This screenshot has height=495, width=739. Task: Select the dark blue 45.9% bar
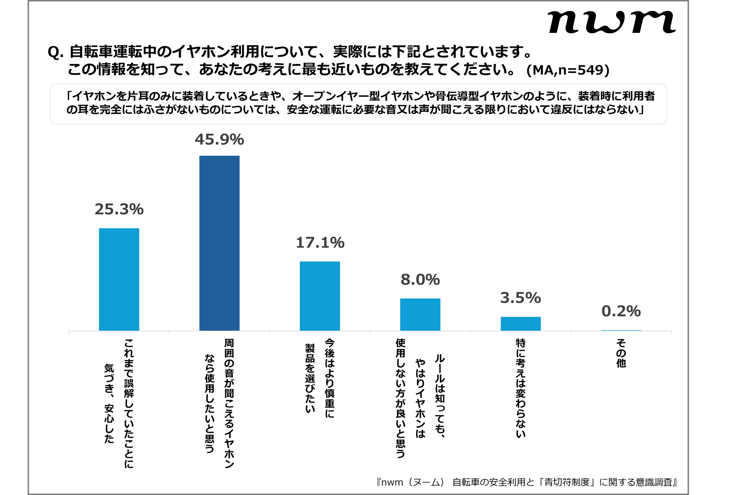pyautogui.click(x=219, y=243)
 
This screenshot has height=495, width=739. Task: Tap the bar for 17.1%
pyautogui.click(x=320, y=296)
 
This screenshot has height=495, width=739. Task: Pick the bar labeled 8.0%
pyautogui.click(x=420, y=314)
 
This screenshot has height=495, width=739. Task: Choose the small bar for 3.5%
pyautogui.click(x=521, y=324)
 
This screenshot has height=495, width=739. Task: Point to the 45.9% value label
pyautogui.click(x=219, y=140)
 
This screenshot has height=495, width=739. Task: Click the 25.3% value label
pyautogui.click(x=119, y=209)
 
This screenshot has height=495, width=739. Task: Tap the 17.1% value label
pyautogui.click(x=320, y=243)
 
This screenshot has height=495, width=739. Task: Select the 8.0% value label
pyautogui.click(x=420, y=280)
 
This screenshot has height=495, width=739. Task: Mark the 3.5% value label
pyautogui.click(x=521, y=298)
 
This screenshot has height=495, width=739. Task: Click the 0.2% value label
pyautogui.click(x=621, y=311)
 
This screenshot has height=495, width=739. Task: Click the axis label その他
pyautogui.click(x=621, y=353)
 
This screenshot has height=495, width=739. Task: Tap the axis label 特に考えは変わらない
pyautogui.click(x=521, y=388)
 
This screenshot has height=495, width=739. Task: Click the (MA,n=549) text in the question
pyautogui.click(x=568, y=70)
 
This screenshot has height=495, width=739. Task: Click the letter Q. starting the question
pyautogui.click(x=55, y=52)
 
